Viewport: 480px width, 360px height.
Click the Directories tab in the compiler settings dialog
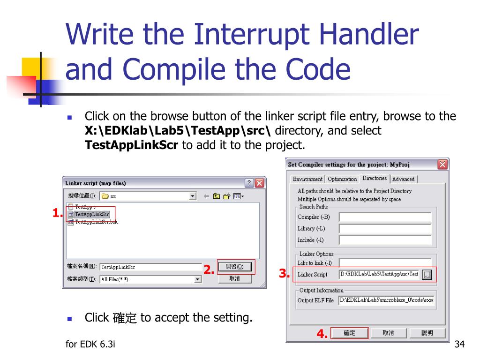[374, 178]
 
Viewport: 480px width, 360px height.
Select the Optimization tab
[342, 179]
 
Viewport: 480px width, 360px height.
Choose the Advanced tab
[403, 179]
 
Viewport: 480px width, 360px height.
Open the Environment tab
[307, 179]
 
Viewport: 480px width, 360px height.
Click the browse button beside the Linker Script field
[427, 275]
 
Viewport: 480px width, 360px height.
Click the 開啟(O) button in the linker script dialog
[234, 267]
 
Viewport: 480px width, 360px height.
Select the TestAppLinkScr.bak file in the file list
[96, 222]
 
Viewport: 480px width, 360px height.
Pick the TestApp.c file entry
[85, 207]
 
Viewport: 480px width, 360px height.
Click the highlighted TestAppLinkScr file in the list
[91, 214]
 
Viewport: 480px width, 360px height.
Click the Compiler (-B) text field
[385, 217]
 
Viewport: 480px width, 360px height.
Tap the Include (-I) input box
[385, 240]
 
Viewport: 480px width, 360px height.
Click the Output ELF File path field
[386, 300]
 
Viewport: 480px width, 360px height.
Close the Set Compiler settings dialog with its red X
[442, 165]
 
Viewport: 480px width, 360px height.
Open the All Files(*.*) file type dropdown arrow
[198, 279]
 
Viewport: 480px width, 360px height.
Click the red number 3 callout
[284, 273]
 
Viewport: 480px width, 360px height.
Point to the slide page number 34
[459, 344]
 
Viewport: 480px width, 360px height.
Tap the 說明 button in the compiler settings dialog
[427, 333]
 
